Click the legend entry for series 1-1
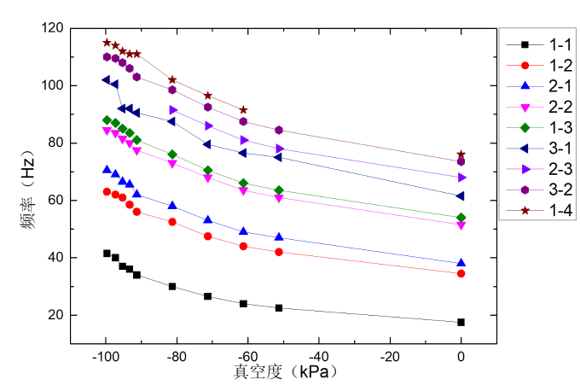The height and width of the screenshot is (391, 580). [539, 44]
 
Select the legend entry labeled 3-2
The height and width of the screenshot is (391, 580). [539, 190]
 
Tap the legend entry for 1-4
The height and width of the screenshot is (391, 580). [539, 211]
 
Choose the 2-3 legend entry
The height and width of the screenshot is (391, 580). [539, 169]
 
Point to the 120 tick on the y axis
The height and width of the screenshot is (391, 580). [52, 28]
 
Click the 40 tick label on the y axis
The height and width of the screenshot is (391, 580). [55, 257]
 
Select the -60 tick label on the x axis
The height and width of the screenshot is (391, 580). [247, 357]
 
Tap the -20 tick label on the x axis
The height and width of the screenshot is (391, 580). [390, 357]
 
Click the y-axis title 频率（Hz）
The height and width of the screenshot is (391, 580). [28, 190]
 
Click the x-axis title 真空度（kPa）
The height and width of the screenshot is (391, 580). [285, 371]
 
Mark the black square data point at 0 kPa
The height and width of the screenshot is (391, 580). [461, 322]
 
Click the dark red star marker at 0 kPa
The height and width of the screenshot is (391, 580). [461, 154]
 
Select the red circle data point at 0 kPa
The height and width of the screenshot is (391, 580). [461, 274]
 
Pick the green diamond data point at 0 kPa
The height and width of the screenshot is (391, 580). [461, 218]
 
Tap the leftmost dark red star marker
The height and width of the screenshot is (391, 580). [107, 43]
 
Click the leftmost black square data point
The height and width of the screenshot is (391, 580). [107, 254]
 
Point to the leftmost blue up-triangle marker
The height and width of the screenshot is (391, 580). [107, 170]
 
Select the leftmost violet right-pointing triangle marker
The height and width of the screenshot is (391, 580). [173, 110]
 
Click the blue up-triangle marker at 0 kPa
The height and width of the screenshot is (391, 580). [461, 263]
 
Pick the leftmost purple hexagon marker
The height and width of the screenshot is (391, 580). [107, 57]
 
